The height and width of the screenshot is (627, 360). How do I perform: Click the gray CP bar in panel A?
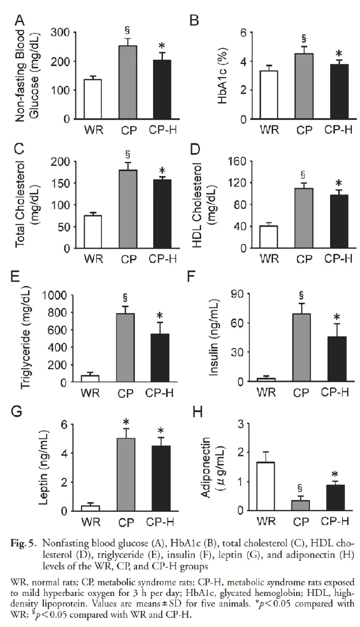(x=128, y=82)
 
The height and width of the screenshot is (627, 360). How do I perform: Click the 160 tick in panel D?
(x=236, y=162)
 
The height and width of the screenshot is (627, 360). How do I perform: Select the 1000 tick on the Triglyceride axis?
(x=55, y=295)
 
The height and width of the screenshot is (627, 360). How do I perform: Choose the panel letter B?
(x=194, y=20)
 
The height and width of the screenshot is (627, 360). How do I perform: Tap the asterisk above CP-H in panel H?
(x=339, y=476)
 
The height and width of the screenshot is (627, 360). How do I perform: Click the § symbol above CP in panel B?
(x=304, y=39)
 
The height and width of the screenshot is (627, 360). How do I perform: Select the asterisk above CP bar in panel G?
(x=126, y=422)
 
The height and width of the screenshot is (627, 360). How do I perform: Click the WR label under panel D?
(x=269, y=259)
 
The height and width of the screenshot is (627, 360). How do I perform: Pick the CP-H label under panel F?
(x=335, y=392)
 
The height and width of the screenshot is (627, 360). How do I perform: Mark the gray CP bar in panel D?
(x=304, y=218)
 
